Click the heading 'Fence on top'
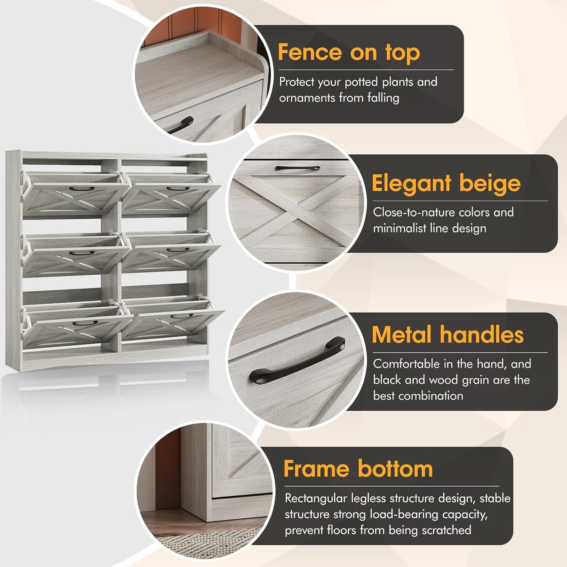(348, 53)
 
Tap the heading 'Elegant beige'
(446, 184)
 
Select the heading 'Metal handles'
(447, 335)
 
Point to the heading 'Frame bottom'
(358, 469)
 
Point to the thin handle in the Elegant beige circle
(297, 168)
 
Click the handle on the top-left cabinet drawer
(82, 189)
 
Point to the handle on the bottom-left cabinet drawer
(85, 323)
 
